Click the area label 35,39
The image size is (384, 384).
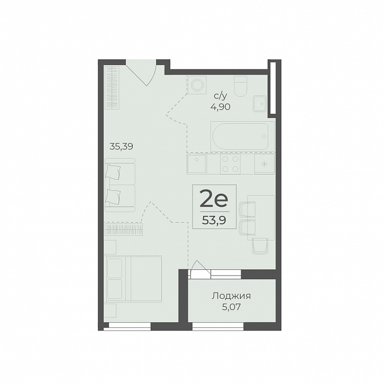[121, 147]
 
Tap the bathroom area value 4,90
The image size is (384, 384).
[220, 107]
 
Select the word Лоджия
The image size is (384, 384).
[231, 296]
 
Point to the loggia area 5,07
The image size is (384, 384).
[231, 307]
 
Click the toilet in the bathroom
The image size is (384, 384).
[240, 86]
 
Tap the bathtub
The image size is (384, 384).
[242, 136]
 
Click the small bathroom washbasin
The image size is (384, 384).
[260, 104]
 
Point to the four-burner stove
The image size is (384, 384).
[230, 164]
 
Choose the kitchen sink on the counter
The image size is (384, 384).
[197, 164]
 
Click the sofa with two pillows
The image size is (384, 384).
[120, 185]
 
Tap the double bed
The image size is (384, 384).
[133, 279]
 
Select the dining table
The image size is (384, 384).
[261, 218]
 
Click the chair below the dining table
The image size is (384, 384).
[260, 245]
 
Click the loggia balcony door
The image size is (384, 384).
[199, 269]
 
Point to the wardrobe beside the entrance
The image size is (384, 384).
[112, 88]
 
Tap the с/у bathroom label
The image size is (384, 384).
[221, 96]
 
